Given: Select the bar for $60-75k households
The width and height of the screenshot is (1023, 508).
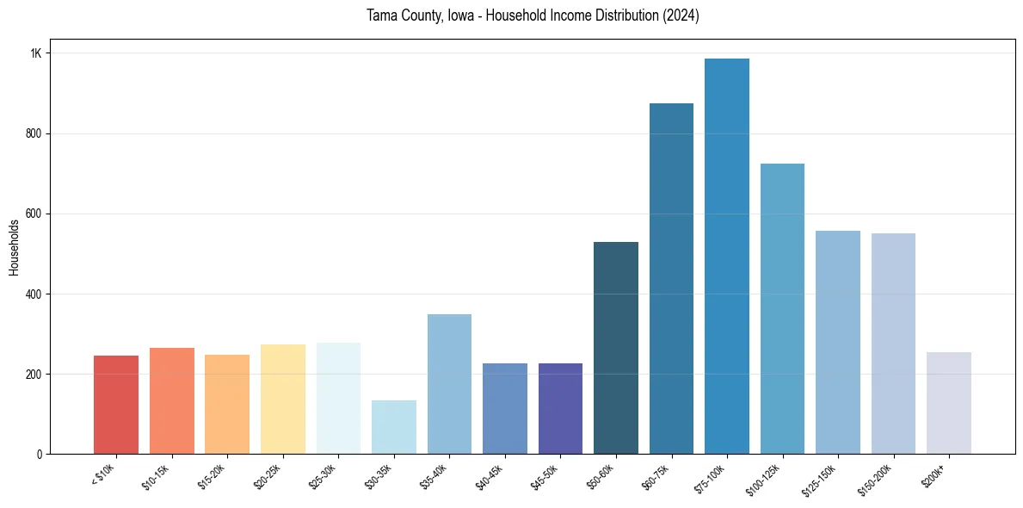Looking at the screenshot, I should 671,279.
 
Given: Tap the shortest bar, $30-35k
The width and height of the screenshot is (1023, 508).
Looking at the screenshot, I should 394,427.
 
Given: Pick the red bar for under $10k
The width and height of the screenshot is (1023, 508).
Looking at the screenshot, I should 116,405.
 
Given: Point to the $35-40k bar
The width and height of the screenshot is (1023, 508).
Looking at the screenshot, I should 449,384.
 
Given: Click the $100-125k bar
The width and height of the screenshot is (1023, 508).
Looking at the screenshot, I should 782,309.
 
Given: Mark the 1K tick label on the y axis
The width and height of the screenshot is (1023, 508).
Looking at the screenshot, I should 35,53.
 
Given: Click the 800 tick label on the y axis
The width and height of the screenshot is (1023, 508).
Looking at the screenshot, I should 34,133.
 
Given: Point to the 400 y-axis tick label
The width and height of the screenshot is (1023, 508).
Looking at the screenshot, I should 34,294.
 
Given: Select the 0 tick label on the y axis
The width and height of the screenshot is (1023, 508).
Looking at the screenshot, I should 39,454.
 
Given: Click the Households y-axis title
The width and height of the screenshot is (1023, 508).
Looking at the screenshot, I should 14,247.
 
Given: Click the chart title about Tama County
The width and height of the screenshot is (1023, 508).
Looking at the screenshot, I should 533,15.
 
